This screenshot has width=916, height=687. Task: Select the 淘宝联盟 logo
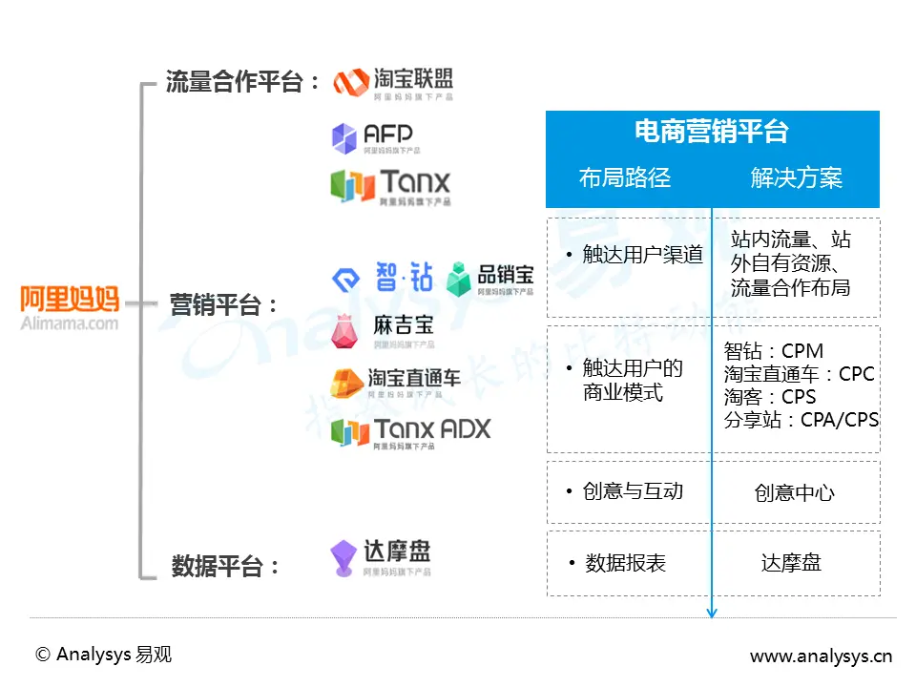pos(393,83)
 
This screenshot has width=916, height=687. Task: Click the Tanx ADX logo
pos(410,431)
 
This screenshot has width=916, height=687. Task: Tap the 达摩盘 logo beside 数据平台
pos(380,556)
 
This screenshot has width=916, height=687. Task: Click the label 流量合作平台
pos(243,82)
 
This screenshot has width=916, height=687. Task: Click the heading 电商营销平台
pos(712,132)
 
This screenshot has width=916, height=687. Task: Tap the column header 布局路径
pos(625,177)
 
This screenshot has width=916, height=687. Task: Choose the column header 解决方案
pos(797,177)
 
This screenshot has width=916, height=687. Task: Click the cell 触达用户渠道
pos(641,255)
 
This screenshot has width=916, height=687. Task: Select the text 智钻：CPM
pos(773,351)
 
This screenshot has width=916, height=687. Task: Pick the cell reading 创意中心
pos(794,492)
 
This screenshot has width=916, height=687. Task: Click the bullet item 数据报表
pos(625,563)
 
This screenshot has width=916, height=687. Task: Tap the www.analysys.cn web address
pos(820,656)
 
